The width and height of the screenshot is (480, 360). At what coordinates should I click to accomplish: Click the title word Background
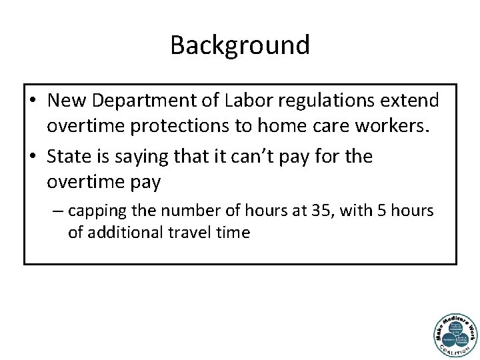[240, 45]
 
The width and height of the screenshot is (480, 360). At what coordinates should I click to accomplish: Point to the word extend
[417, 101]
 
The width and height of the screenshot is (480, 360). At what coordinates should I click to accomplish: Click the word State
[68, 157]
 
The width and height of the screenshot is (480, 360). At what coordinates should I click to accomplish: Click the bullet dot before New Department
[32, 101]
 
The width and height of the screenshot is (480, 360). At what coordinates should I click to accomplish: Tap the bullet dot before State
[32, 157]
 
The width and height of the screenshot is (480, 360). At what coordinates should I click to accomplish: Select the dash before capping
[58, 212]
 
